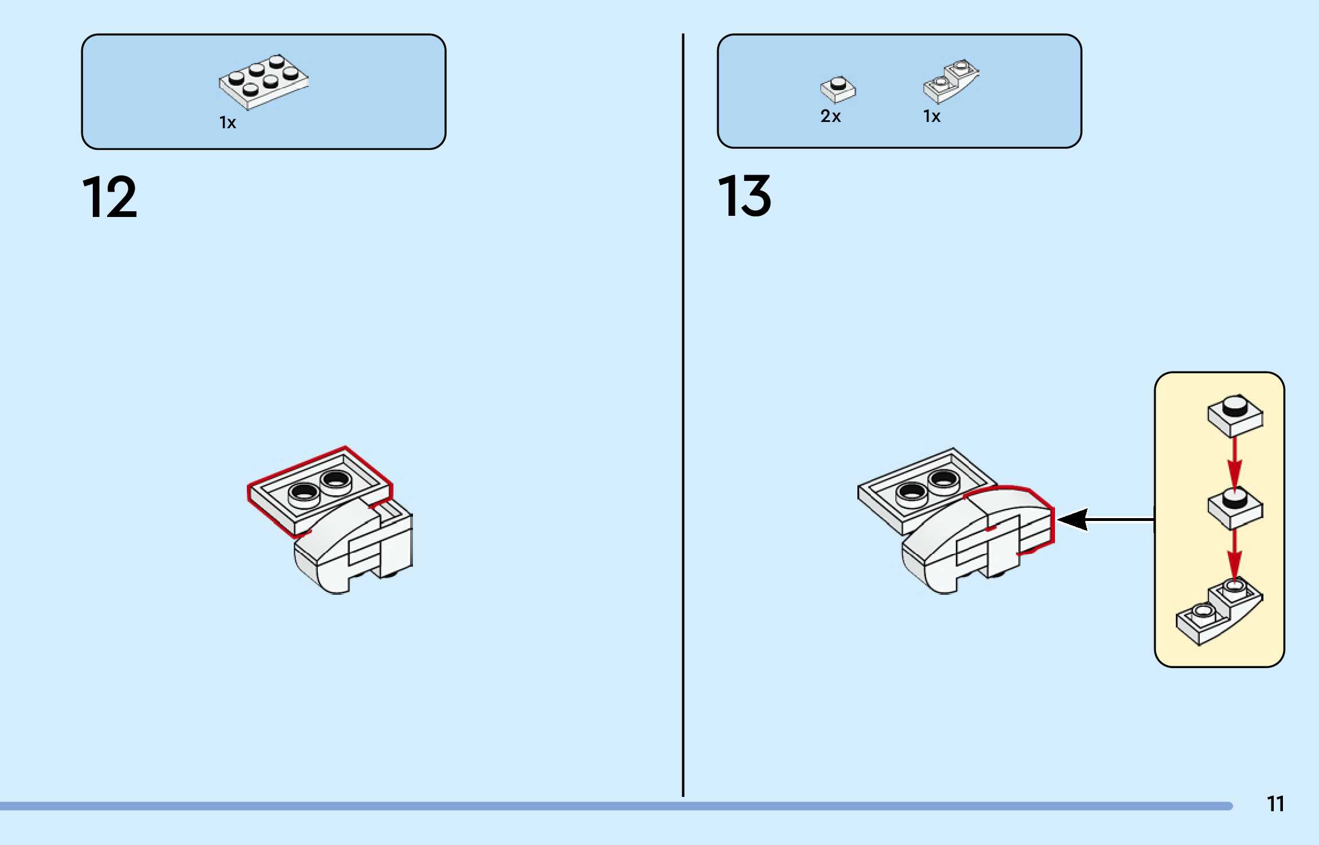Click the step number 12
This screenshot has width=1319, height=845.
point(109,197)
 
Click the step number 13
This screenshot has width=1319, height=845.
point(744,196)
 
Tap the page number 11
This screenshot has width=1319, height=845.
point(1275,804)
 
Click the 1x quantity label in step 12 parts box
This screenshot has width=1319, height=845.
point(227,123)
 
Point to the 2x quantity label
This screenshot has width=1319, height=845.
point(830,116)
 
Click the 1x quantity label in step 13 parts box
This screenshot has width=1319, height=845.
point(931,116)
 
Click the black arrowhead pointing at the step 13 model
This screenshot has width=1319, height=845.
point(1071,519)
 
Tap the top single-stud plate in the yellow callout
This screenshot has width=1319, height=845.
point(1235,415)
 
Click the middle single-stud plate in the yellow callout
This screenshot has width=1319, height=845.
point(1235,507)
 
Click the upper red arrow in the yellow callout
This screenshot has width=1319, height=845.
point(1235,463)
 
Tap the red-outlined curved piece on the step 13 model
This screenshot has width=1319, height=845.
point(1014,515)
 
